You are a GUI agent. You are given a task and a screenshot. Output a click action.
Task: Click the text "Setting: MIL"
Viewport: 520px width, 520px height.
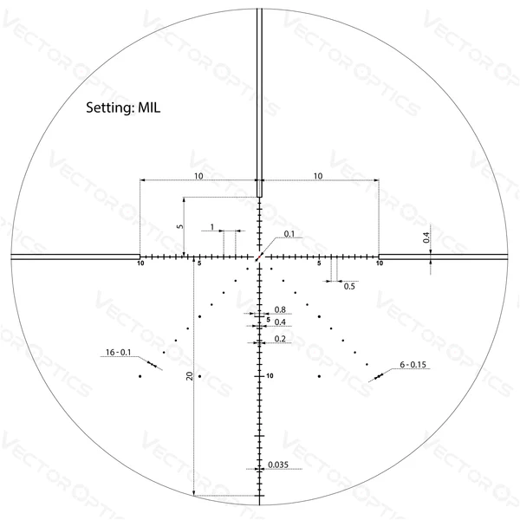point(123,107)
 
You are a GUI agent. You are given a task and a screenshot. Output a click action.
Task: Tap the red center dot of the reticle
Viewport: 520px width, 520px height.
point(259,257)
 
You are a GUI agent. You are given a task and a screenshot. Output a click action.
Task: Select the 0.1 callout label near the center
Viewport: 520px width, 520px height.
point(289,234)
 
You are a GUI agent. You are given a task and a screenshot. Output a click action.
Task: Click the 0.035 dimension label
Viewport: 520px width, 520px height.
point(278,465)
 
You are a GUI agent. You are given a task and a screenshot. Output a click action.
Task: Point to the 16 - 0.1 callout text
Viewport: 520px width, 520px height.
point(119,352)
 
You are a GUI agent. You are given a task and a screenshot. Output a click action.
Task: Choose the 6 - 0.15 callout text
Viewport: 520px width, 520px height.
point(413,365)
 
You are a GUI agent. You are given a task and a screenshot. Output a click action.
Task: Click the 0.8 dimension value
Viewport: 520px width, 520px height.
point(280,309)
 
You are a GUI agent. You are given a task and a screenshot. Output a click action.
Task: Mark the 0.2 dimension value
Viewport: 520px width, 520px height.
point(280,339)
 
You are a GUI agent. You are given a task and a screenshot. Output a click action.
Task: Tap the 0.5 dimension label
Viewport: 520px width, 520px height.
point(349,286)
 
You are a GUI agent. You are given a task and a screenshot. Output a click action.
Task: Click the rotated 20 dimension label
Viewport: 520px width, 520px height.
point(189,376)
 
